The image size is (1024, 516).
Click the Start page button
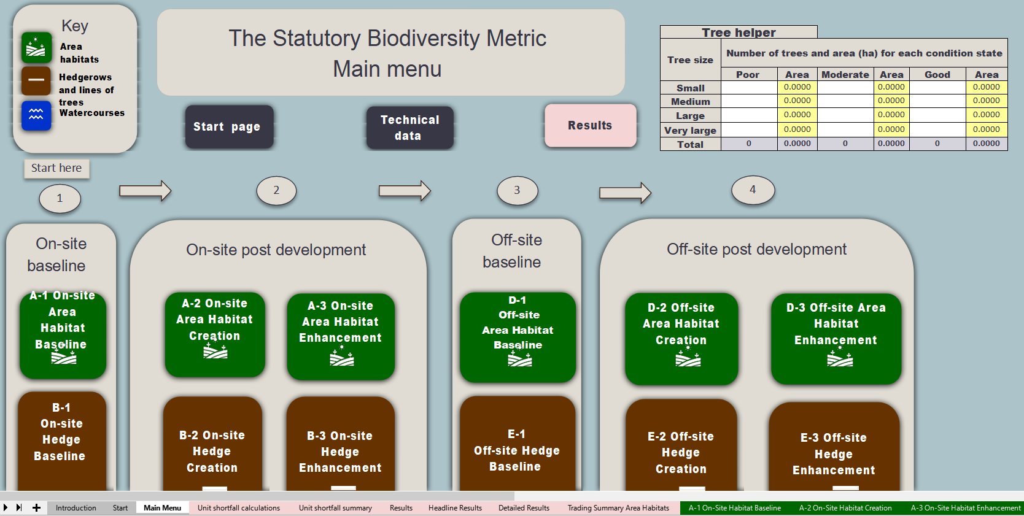point(227,126)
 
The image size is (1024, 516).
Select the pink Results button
point(589,125)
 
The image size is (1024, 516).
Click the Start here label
point(56,168)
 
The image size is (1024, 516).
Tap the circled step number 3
point(517,190)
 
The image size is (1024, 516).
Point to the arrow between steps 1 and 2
point(145,191)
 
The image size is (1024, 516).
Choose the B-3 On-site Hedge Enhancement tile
point(340,448)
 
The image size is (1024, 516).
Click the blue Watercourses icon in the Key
point(36,115)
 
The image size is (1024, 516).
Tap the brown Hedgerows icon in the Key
point(36,80)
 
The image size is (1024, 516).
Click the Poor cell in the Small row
point(748,87)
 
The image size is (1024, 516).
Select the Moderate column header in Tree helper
point(845,74)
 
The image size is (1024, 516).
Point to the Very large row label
point(690,130)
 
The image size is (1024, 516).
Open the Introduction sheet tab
point(76,508)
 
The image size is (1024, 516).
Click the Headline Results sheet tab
point(455,508)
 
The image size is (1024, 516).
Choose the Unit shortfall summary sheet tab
point(335,508)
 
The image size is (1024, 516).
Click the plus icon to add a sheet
point(36,507)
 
